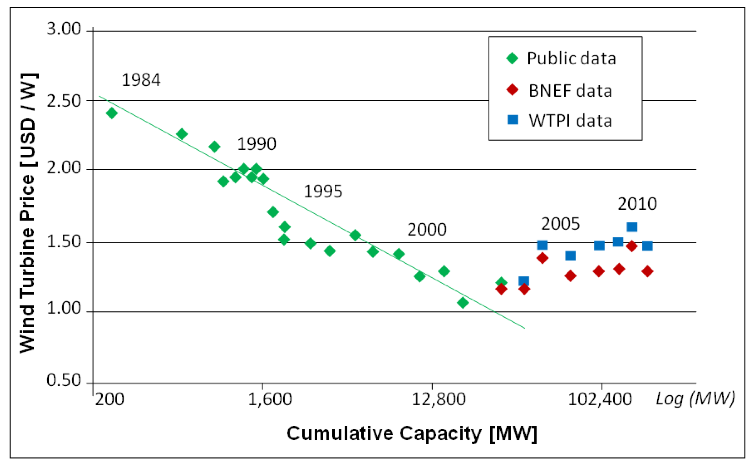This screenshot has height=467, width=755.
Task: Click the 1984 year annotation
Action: pyautogui.click(x=141, y=80)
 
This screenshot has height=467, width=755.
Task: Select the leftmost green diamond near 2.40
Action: pyautogui.click(x=112, y=113)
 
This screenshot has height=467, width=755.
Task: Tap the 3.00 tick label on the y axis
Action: pyautogui.click(x=64, y=29)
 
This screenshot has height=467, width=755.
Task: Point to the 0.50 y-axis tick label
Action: pyautogui.click(x=64, y=380)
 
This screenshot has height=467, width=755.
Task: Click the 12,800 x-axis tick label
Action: pyautogui.click(x=438, y=399)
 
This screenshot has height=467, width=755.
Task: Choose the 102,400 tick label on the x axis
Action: pyautogui.click(x=600, y=399)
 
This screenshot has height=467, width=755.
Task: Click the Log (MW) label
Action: pyautogui.click(x=695, y=398)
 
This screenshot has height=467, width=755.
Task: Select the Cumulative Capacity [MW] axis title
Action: pyautogui.click(x=412, y=434)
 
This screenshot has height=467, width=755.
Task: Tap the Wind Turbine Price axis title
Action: pyautogui.click(x=28, y=213)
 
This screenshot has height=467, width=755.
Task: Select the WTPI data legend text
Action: pyautogui.click(x=570, y=121)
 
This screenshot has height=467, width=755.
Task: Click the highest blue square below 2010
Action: pyautogui.click(x=632, y=227)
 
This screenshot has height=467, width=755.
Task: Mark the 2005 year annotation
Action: pyautogui.click(x=560, y=224)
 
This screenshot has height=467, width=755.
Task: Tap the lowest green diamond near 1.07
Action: pyautogui.click(x=463, y=303)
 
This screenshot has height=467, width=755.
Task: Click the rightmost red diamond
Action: pyautogui.click(x=647, y=271)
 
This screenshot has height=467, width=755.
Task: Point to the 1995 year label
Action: pyautogui.click(x=323, y=192)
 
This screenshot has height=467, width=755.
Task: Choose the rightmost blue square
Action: pyautogui.click(x=647, y=246)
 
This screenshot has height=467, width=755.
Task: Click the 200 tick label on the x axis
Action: pyautogui.click(x=110, y=399)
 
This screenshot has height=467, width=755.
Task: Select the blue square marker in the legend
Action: pyautogui.click(x=513, y=120)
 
